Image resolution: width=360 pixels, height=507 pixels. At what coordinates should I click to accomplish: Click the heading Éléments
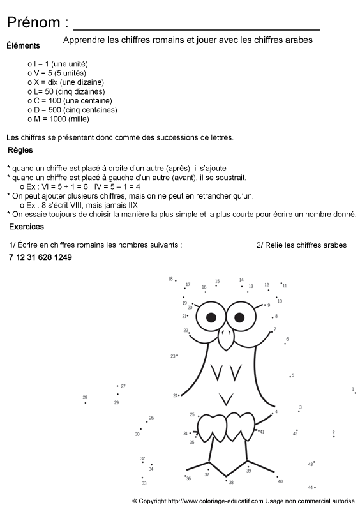pyautogui.click(x=23, y=45)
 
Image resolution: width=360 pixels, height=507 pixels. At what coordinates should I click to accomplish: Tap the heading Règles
pyautogui.click(x=20, y=151)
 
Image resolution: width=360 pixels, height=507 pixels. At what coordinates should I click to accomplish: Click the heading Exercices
pyautogui.click(x=26, y=227)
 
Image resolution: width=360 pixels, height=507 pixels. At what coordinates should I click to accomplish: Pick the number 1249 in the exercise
pyautogui.click(x=63, y=257)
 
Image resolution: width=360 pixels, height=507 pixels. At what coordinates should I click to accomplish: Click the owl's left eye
pyautogui.click(x=210, y=316)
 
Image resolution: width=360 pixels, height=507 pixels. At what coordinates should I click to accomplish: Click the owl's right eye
pyautogui.click(x=237, y=317)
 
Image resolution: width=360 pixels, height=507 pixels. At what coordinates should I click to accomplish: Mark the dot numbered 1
pyautogui.click(x=354, y=391)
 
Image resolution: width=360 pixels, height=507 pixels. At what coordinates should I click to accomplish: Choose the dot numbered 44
pyautogui.click(x=315, y=488)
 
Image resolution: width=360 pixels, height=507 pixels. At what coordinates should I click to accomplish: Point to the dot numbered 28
pyautogui.click(x=86, y=402)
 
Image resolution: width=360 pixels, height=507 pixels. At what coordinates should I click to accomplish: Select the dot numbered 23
pyautogui.click(x=177, y=355)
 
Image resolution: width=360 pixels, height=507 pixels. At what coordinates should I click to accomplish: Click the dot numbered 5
pyautogui.click(x=290, y=377)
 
